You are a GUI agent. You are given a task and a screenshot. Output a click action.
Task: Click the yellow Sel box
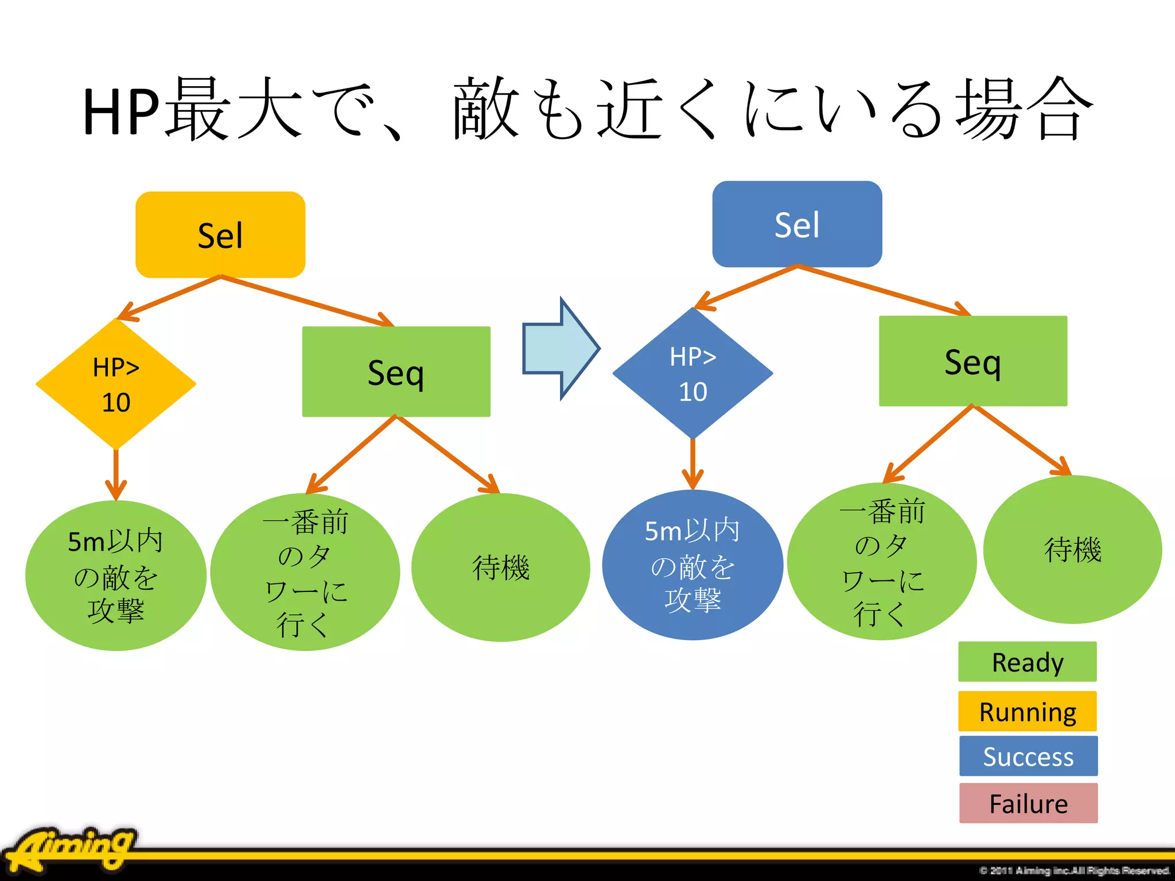pyautogui.click(x=220, y=235)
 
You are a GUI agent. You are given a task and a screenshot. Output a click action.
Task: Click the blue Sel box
pyautogui.click(x=797, y=224)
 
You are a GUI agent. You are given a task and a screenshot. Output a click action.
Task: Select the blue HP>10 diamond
pyautogui.click(x=692, y=373)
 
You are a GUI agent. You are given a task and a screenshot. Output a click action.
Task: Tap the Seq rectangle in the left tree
pyautogui.click(x=396, y=372)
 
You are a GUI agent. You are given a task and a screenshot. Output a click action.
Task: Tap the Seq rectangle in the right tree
pyautogui.click(x=973, y=361)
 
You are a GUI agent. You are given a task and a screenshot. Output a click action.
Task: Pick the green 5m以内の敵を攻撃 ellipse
pyautogui.click(x=116, y=575)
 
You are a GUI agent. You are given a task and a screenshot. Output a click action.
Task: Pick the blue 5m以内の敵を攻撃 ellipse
pyautogui.click(x=692, y=565)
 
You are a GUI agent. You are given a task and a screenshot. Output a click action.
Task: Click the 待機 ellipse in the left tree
pyautogui.click(x=500, y=567)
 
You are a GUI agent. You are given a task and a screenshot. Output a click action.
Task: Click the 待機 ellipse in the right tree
pyautogui.click(x=1072, y=549)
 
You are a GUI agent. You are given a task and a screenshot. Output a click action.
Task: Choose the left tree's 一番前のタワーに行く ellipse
pyautogui.click(x=305, y=572)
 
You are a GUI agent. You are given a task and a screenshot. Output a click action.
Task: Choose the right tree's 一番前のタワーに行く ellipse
pyautogui.click(x=881, y=562)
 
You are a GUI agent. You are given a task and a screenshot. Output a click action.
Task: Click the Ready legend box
pyautogui.click(x=1028, y=662)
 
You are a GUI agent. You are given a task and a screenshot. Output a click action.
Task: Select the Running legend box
pyautogui.click(x=1028, y=711)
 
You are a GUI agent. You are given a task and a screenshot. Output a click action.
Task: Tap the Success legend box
pyautogui.click(x=1028, y=756)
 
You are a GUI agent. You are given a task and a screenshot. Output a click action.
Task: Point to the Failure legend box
pyautogui.click(x=1028, y=803)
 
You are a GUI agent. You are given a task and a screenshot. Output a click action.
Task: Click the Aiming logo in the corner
pyautogui.click(x=72, y=849)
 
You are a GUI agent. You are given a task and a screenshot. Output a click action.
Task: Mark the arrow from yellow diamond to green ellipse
pyautogui.click(x=116, y=474)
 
